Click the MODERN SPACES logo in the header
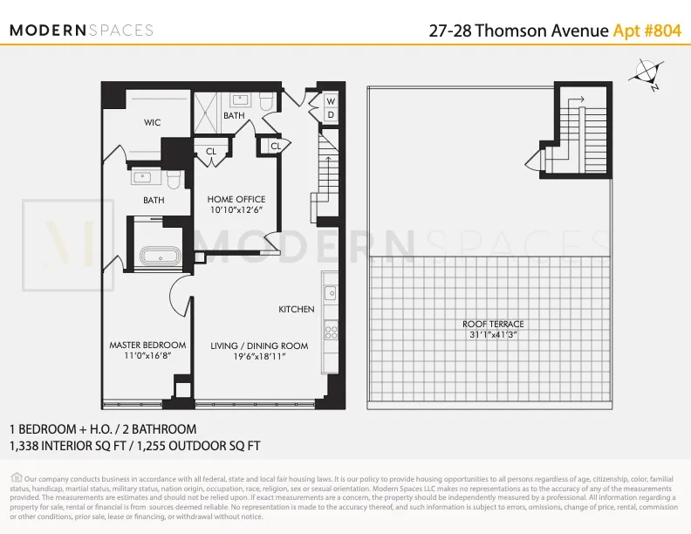click(81, 30)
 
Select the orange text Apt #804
click(647, 31)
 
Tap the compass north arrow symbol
click(647, 74)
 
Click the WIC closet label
click(153, 123)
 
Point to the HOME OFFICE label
click(236, 200)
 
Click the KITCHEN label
click(296, 310)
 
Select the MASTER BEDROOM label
click(147, 346)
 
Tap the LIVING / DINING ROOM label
click(259, 346)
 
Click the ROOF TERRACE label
click(493, 325)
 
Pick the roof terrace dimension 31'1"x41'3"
click(493, 335)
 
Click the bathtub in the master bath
click(158, 257)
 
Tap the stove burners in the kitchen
click(331, 331)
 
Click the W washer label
click(331, 101)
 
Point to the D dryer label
click(331, 115)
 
